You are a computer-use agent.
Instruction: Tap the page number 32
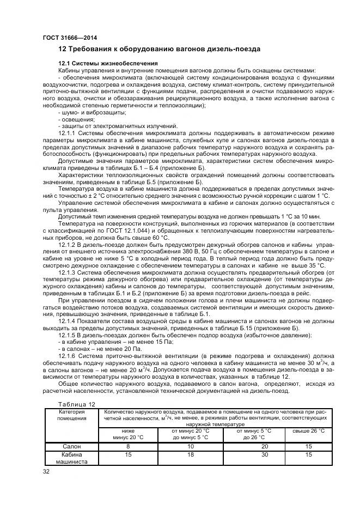[46, 472]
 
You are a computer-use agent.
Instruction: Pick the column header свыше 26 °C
[308, 430]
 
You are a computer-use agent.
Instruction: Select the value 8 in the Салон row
[129, 446]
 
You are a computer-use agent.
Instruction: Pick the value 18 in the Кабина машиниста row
[190, 454]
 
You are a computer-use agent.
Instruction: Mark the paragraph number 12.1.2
[69, 245]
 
